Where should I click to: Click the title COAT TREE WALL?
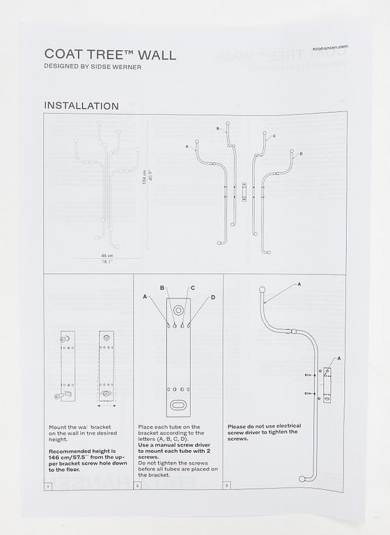pyautogui.click(x=110, y=54)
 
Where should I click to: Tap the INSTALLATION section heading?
pyautogui.click(x=81, y=106)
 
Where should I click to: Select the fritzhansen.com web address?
pyautogui.click(x=330, y=47)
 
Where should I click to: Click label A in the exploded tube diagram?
pyautogui.click(x=187, y=147)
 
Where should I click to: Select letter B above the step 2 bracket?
pyautogui.click(x=162, y=288)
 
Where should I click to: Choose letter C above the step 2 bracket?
pyautogui.click(x=192, y=288)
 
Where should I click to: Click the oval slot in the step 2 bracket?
pyautogui.click(x=178, y=405)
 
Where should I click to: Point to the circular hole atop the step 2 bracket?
pyautogui.click(x=178, y=309)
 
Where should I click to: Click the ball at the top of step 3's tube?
pyautogui.click(x=262, y=290)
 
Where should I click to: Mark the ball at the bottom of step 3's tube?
pyautogui.click(x=301, y=479)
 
